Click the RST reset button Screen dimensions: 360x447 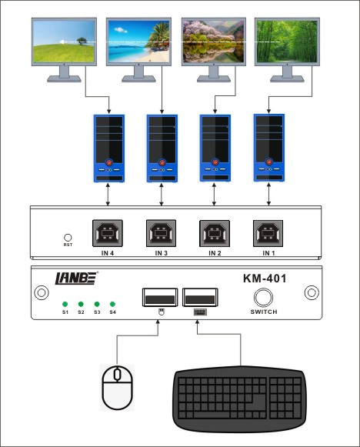68,238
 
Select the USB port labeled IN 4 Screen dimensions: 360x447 108,233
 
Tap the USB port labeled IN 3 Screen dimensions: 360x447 161,233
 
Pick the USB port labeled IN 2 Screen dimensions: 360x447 215,233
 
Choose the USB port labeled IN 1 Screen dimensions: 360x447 268,233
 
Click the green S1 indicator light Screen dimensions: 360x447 65,304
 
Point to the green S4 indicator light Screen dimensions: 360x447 112,304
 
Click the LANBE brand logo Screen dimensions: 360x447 76,279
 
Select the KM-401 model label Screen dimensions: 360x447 265,279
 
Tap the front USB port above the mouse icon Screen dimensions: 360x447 160,297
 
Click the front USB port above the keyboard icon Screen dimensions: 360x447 200,297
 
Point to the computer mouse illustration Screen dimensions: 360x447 118,388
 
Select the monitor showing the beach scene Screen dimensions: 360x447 138,50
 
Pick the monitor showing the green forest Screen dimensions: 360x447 287,50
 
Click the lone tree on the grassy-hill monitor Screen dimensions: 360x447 82,42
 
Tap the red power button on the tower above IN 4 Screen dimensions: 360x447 109,163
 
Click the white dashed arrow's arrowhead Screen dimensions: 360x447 62,42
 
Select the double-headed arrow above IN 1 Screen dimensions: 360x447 268,194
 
